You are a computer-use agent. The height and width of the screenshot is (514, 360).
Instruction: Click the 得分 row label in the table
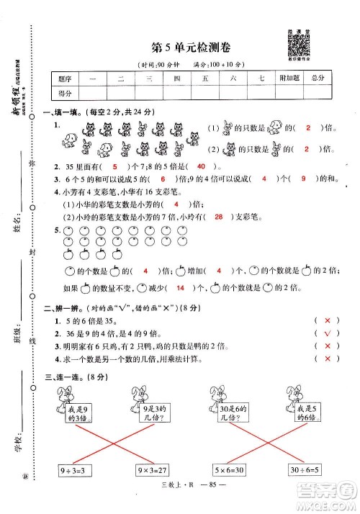(x=66, y=93)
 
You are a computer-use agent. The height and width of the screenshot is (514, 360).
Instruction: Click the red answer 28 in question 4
(x=219, y=215)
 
